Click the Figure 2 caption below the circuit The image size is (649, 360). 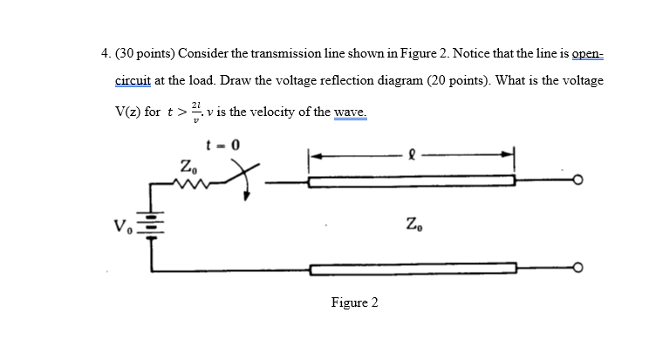tap(354, 302)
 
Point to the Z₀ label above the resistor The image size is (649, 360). tap(188, 165)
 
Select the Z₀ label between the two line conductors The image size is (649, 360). tap(414, 229)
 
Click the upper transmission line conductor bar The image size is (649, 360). tap(412, 182)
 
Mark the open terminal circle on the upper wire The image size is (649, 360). tap(577, 182)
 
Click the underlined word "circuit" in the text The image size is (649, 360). tap(133, 80)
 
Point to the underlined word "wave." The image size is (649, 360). tap(347, 112)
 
